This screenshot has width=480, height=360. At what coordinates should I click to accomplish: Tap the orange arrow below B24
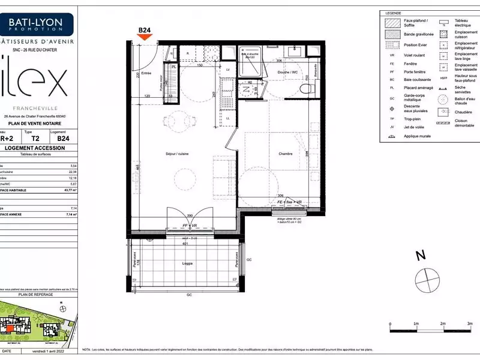point(145,37)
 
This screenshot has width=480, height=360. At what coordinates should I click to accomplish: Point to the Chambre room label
point(285,154)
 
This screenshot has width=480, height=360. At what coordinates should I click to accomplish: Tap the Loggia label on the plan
point(188,263)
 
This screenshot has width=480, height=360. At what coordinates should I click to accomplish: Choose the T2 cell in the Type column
point(35,137)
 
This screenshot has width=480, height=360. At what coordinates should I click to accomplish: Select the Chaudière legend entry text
point(462,112)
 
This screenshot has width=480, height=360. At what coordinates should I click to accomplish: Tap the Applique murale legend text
point(408,136)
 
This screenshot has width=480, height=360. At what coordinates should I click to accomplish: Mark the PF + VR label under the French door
point(190,226)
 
